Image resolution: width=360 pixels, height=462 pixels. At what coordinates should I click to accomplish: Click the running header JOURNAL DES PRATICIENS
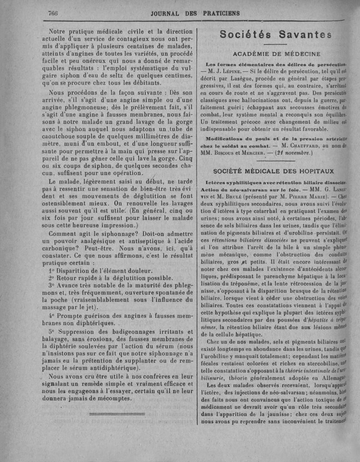click(x=196, y=13)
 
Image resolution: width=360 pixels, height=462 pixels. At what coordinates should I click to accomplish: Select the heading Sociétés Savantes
click(x=277, y=34)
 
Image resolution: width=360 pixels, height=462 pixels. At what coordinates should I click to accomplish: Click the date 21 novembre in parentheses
click(x=294, y=153)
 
